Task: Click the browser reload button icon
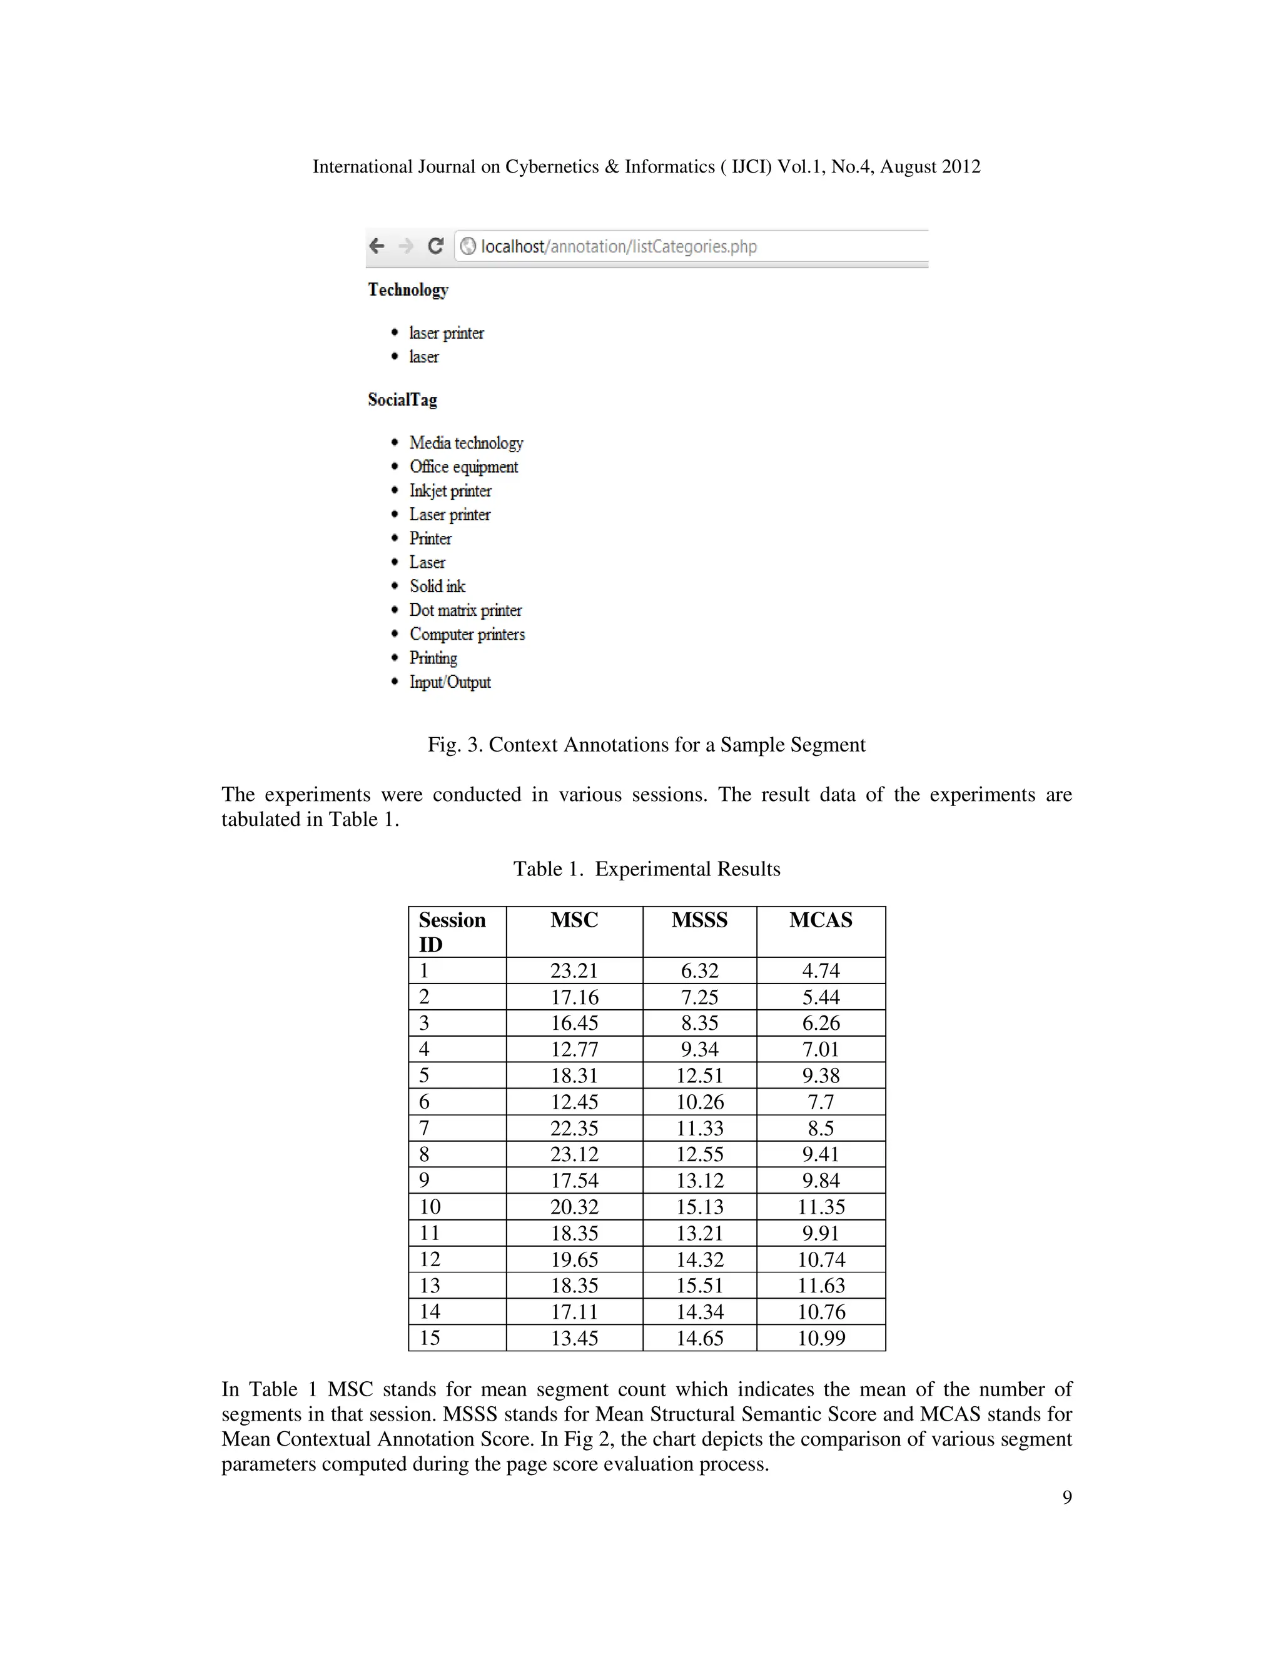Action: point(435,246)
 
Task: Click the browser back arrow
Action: point(377,246)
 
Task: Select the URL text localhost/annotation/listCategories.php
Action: point(619,246)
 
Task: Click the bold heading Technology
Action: point(408,290)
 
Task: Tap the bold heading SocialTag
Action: point(402,400)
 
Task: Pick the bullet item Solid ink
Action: point(437,587)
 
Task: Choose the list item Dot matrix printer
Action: point(465,610)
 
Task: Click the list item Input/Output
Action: point(450,682)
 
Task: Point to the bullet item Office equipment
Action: point(463,466)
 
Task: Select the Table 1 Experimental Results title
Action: point(647,869)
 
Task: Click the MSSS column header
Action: point(699,920)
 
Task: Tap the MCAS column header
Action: point(821,920)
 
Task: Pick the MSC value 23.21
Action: point(574,970)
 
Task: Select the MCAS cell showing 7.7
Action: point(821,1102)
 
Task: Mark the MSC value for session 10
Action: point(574,1207)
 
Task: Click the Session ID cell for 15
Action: point(430,1338)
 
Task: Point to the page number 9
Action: point(1067,1497)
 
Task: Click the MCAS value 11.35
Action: point(821,1207)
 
